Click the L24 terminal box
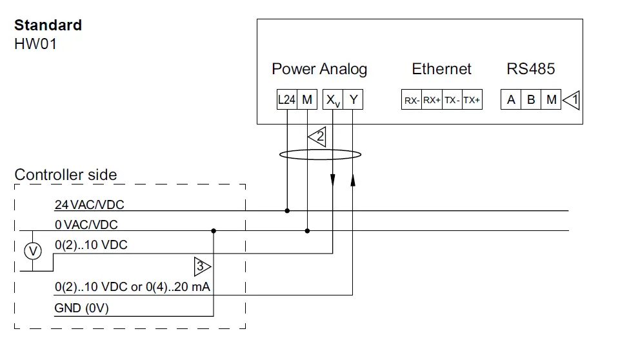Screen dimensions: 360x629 [x=286, y=100]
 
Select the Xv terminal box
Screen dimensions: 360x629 [x=332, y=100]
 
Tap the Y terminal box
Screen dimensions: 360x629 [x=353, y=100]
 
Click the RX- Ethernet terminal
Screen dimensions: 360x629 [x=412, y=100]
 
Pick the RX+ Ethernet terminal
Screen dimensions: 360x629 [x=432, y=100]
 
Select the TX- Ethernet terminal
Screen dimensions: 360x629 [x=452, y=100]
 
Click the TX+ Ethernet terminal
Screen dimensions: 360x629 [x=472, y=100]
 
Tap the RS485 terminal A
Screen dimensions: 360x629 [x=511, y=100]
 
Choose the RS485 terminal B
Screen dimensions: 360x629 [x=531, y=100]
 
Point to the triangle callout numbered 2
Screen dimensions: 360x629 [x=317, y=137]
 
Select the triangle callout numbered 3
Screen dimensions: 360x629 [x=202, y=266]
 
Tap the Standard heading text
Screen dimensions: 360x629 [x=48, y=25]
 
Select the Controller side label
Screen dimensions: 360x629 [x=66, y=175]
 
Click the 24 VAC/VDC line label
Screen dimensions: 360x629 [x=89, y=205]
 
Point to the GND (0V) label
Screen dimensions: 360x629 [x=81, y=308]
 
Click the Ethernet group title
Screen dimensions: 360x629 [x=441, y=69]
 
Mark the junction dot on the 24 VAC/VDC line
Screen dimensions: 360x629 [x=286, y=210]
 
